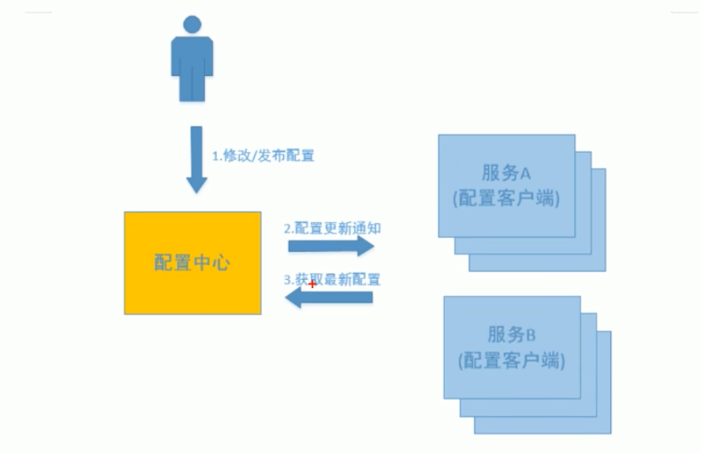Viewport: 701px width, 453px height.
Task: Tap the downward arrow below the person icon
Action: [196, 159]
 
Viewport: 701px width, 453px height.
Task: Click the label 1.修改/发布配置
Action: [263, 156]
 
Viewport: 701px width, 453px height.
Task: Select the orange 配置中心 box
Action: [192, 262]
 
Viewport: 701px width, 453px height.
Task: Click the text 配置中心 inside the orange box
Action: [192, 262]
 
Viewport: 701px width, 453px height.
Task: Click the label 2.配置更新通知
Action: [333, 228]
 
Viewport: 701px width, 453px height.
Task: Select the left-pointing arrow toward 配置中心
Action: [329, 298]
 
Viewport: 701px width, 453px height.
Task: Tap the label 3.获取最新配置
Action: [333, 280]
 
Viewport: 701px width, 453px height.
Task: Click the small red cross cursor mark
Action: [312, 285]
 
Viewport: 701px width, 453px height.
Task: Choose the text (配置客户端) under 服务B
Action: [511, 360]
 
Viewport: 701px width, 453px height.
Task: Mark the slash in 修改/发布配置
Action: [255, 156]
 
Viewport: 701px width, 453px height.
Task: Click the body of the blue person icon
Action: [192, 68]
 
